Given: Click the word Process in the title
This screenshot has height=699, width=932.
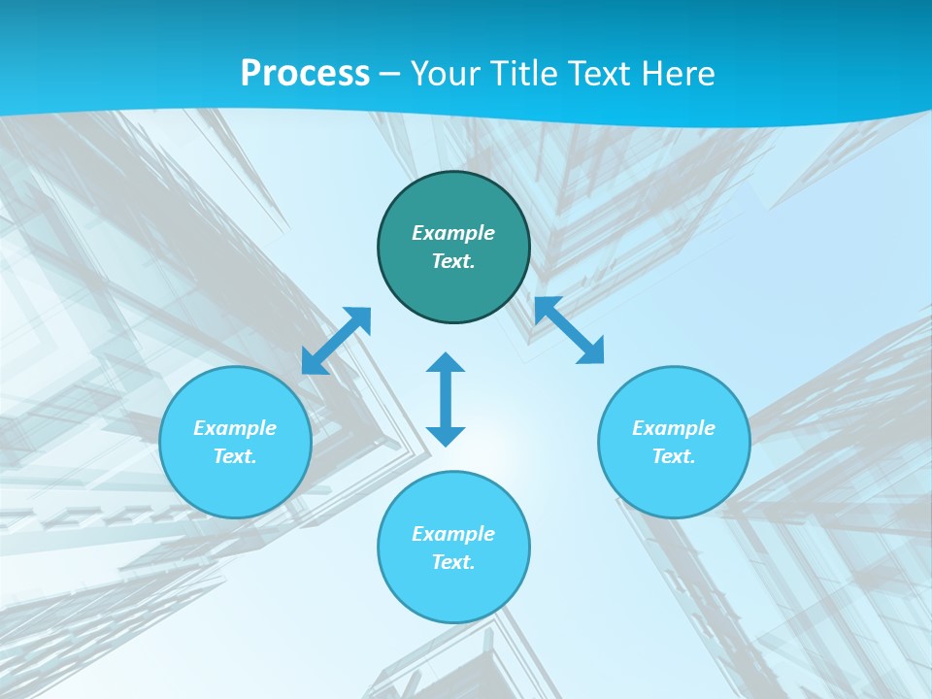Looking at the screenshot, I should pos(305,74).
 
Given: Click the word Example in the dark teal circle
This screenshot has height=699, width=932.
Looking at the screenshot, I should pos(453,233).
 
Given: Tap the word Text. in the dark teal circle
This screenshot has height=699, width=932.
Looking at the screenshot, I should pos(453,261).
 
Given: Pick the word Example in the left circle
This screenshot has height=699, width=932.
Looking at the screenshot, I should pos(235,428).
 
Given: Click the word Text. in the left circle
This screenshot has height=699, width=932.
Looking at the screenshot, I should pos(235,456).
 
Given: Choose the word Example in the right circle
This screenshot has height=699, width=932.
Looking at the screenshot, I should pos(674,428).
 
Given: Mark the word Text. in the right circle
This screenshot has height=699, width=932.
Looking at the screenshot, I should pos(674,456).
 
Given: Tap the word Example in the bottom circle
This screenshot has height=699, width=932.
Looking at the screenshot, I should pos(453,534).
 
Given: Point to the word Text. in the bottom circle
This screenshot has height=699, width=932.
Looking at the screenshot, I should pos(453,562).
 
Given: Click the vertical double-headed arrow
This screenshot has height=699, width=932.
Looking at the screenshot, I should pos(446,399).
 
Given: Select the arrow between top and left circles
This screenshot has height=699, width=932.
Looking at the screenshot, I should pos(336,341).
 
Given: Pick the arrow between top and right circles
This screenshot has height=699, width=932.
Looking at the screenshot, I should pos(569,330).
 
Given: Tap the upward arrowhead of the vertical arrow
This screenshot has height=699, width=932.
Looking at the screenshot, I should pos(446,362).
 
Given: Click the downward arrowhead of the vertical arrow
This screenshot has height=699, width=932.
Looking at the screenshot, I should pos(446,436).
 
